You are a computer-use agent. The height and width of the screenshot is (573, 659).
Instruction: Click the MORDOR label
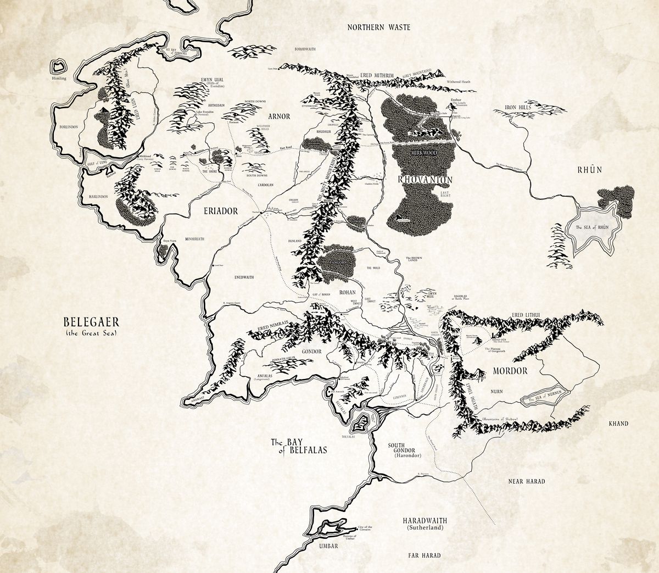(510, 371)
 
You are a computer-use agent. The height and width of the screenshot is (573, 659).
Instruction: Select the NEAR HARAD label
(526, 481)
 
